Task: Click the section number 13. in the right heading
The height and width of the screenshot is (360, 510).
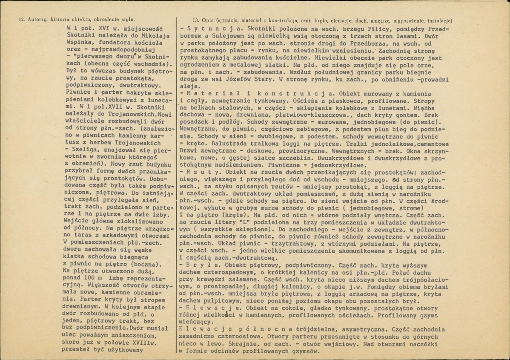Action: pyautogui.click(x=197, y=20)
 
